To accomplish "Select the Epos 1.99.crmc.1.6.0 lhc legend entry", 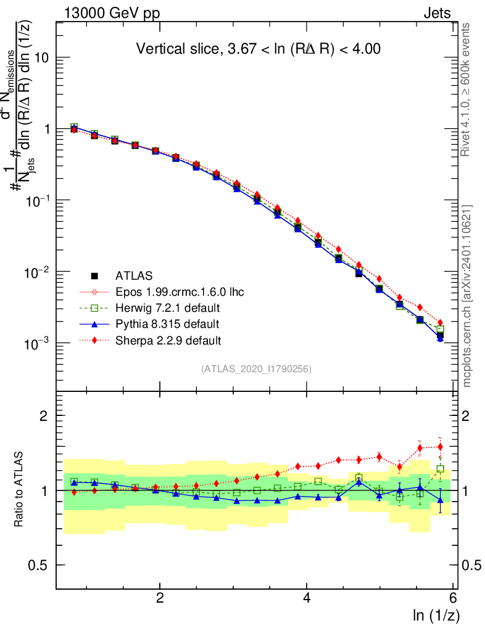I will [179, 291].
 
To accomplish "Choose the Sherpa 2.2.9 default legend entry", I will [168, 340].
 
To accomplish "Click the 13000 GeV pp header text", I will [110, 13].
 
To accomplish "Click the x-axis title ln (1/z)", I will [436, 615].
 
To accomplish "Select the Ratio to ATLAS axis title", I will [20, 489].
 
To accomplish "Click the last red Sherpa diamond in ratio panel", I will [440, 447].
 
